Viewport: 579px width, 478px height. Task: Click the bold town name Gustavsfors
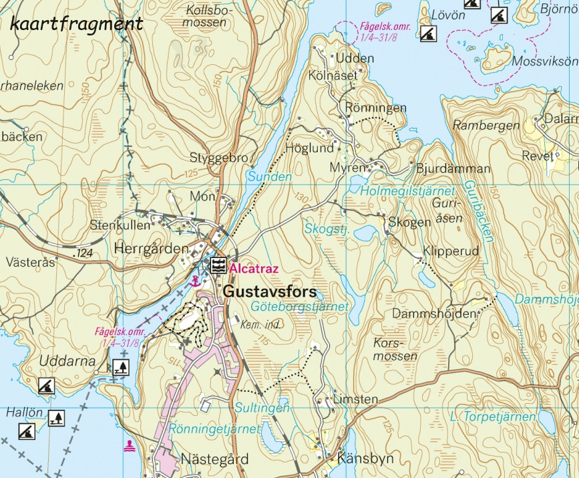269,291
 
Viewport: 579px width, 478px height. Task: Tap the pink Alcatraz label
253,268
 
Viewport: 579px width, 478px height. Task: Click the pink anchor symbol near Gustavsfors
195,281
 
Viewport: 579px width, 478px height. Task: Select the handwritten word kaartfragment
77,25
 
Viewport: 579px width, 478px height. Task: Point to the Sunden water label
270,177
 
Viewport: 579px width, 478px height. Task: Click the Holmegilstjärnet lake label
407,191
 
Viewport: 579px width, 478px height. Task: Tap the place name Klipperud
451,252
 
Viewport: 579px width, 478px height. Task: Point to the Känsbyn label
365,459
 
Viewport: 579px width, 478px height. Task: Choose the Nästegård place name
215,459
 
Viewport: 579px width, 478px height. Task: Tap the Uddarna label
61,360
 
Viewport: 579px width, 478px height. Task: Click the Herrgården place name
152,248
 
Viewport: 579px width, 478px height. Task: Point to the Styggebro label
218,158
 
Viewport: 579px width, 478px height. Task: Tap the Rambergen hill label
486,125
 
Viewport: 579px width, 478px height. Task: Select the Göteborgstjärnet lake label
301,306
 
